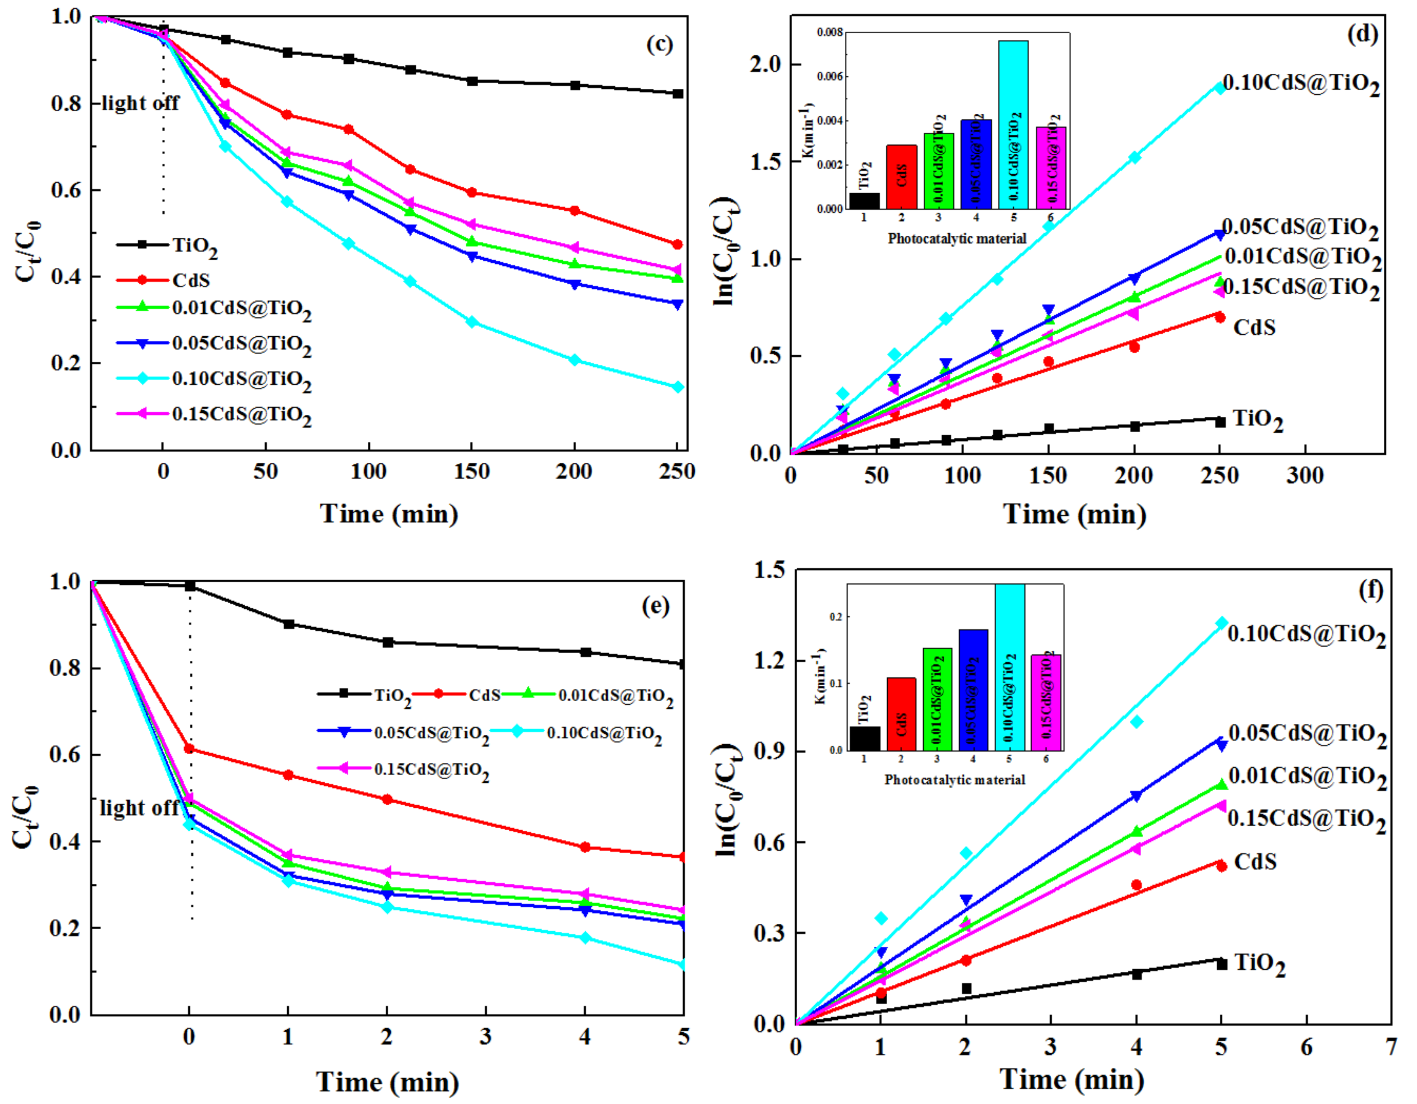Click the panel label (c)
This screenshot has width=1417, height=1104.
(x=659, y=44)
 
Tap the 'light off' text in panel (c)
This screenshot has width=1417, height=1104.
(x=140, y=103)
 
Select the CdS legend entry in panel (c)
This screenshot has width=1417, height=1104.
(x=191, y=280)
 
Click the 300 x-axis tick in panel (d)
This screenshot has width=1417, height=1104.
(x=1305, y=475)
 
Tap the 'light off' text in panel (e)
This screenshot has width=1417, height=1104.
(x=139, y=808)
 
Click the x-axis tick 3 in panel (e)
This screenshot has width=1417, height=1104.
(x=485, y=1037)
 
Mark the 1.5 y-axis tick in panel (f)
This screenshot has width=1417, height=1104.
(x=770, y=570)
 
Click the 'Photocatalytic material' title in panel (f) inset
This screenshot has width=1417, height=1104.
(x=955, y=780)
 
